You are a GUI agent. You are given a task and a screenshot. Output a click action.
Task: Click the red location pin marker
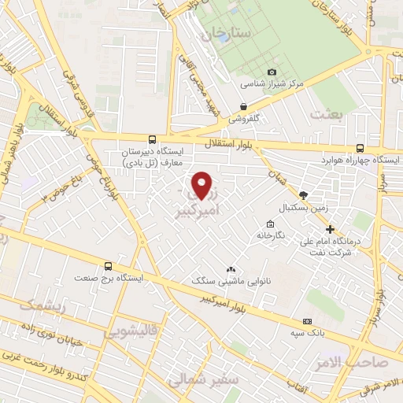[203, 185]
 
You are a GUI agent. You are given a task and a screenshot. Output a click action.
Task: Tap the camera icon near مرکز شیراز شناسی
[272, 72]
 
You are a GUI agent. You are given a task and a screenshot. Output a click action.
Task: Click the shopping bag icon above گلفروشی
[243, 106]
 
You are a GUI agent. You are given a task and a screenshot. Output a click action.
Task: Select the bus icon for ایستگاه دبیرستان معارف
[151, 138]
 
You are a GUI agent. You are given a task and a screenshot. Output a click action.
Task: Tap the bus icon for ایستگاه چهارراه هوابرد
[360, 147]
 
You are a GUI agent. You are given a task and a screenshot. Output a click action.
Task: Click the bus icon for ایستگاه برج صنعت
[108, 266]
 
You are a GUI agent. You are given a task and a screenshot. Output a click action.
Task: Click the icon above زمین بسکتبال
[304, 194]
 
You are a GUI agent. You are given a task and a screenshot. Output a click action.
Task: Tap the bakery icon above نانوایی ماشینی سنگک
[231, 269]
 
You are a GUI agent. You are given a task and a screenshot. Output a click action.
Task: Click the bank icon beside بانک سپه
[307, 321]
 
